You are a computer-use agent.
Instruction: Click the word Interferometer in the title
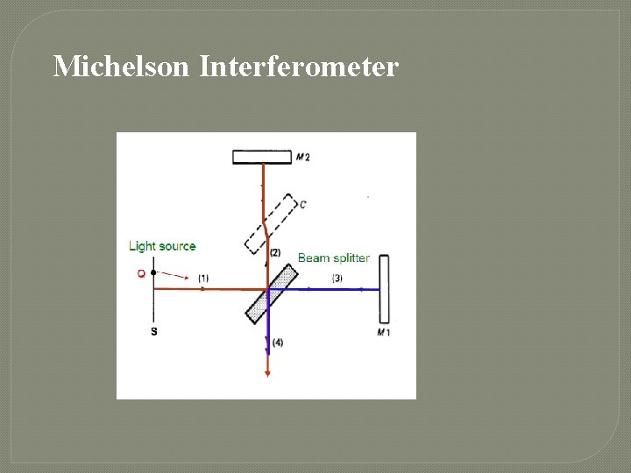tap(299, 66)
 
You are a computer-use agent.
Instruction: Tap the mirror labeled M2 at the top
tap(261, 157)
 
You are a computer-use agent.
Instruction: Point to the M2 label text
tap(303, 157)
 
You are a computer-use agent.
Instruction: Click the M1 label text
tap(383, 333)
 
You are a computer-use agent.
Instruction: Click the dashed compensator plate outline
tap(268, 224)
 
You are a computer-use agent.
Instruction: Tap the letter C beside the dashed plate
tap(302, 205)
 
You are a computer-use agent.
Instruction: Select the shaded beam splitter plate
tap(272, 293)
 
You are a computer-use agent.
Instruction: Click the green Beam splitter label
tap(333, 258)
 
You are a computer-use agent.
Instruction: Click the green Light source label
tap(162, 246)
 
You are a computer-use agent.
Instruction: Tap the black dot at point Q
tap(153, 273)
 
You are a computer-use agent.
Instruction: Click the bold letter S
tap(154, 332)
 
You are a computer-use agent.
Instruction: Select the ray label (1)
tap(203, 279)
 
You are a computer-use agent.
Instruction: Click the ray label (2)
tap(275, 253)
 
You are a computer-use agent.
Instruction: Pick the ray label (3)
tap(337, 279)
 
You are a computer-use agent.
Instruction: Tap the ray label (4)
tap(278, 342)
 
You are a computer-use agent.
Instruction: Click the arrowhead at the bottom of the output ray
tap(267, 372)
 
